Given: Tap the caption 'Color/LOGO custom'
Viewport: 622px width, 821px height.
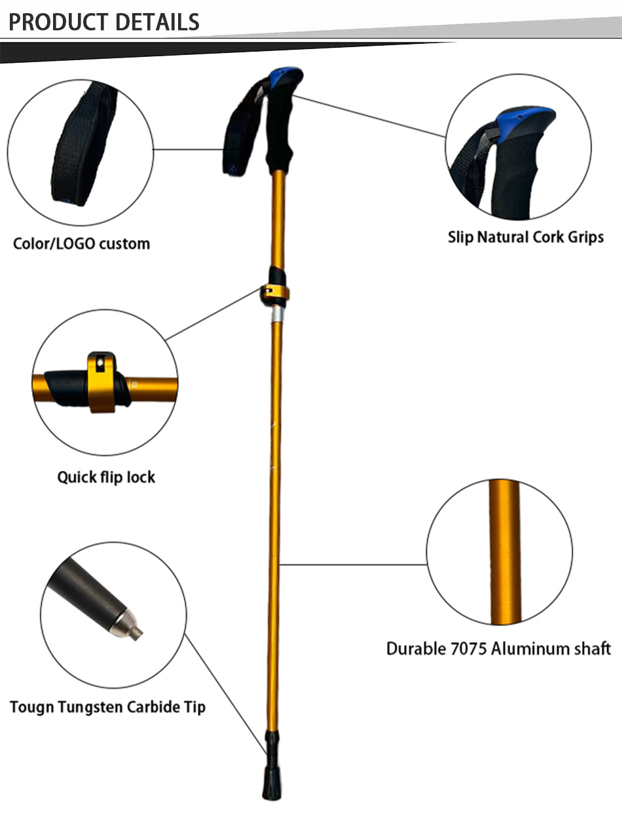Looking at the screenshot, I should coord(81,244).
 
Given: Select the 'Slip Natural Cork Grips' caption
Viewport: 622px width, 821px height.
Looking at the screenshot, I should coord(526,236).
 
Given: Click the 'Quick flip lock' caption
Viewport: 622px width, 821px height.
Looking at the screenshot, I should coord(106,477).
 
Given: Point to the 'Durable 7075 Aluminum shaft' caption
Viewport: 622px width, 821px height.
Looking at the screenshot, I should coord(498,648).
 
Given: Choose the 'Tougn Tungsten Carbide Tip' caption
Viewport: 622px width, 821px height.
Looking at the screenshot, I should coord(107,707).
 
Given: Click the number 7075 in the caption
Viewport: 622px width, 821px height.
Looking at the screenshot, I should coord(469,648).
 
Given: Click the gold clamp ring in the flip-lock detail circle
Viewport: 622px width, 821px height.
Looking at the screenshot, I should coord(102,383).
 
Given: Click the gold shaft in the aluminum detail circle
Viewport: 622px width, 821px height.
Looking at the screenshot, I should coord(505,553).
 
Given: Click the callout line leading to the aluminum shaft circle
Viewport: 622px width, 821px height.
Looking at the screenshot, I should coord(354,564).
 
